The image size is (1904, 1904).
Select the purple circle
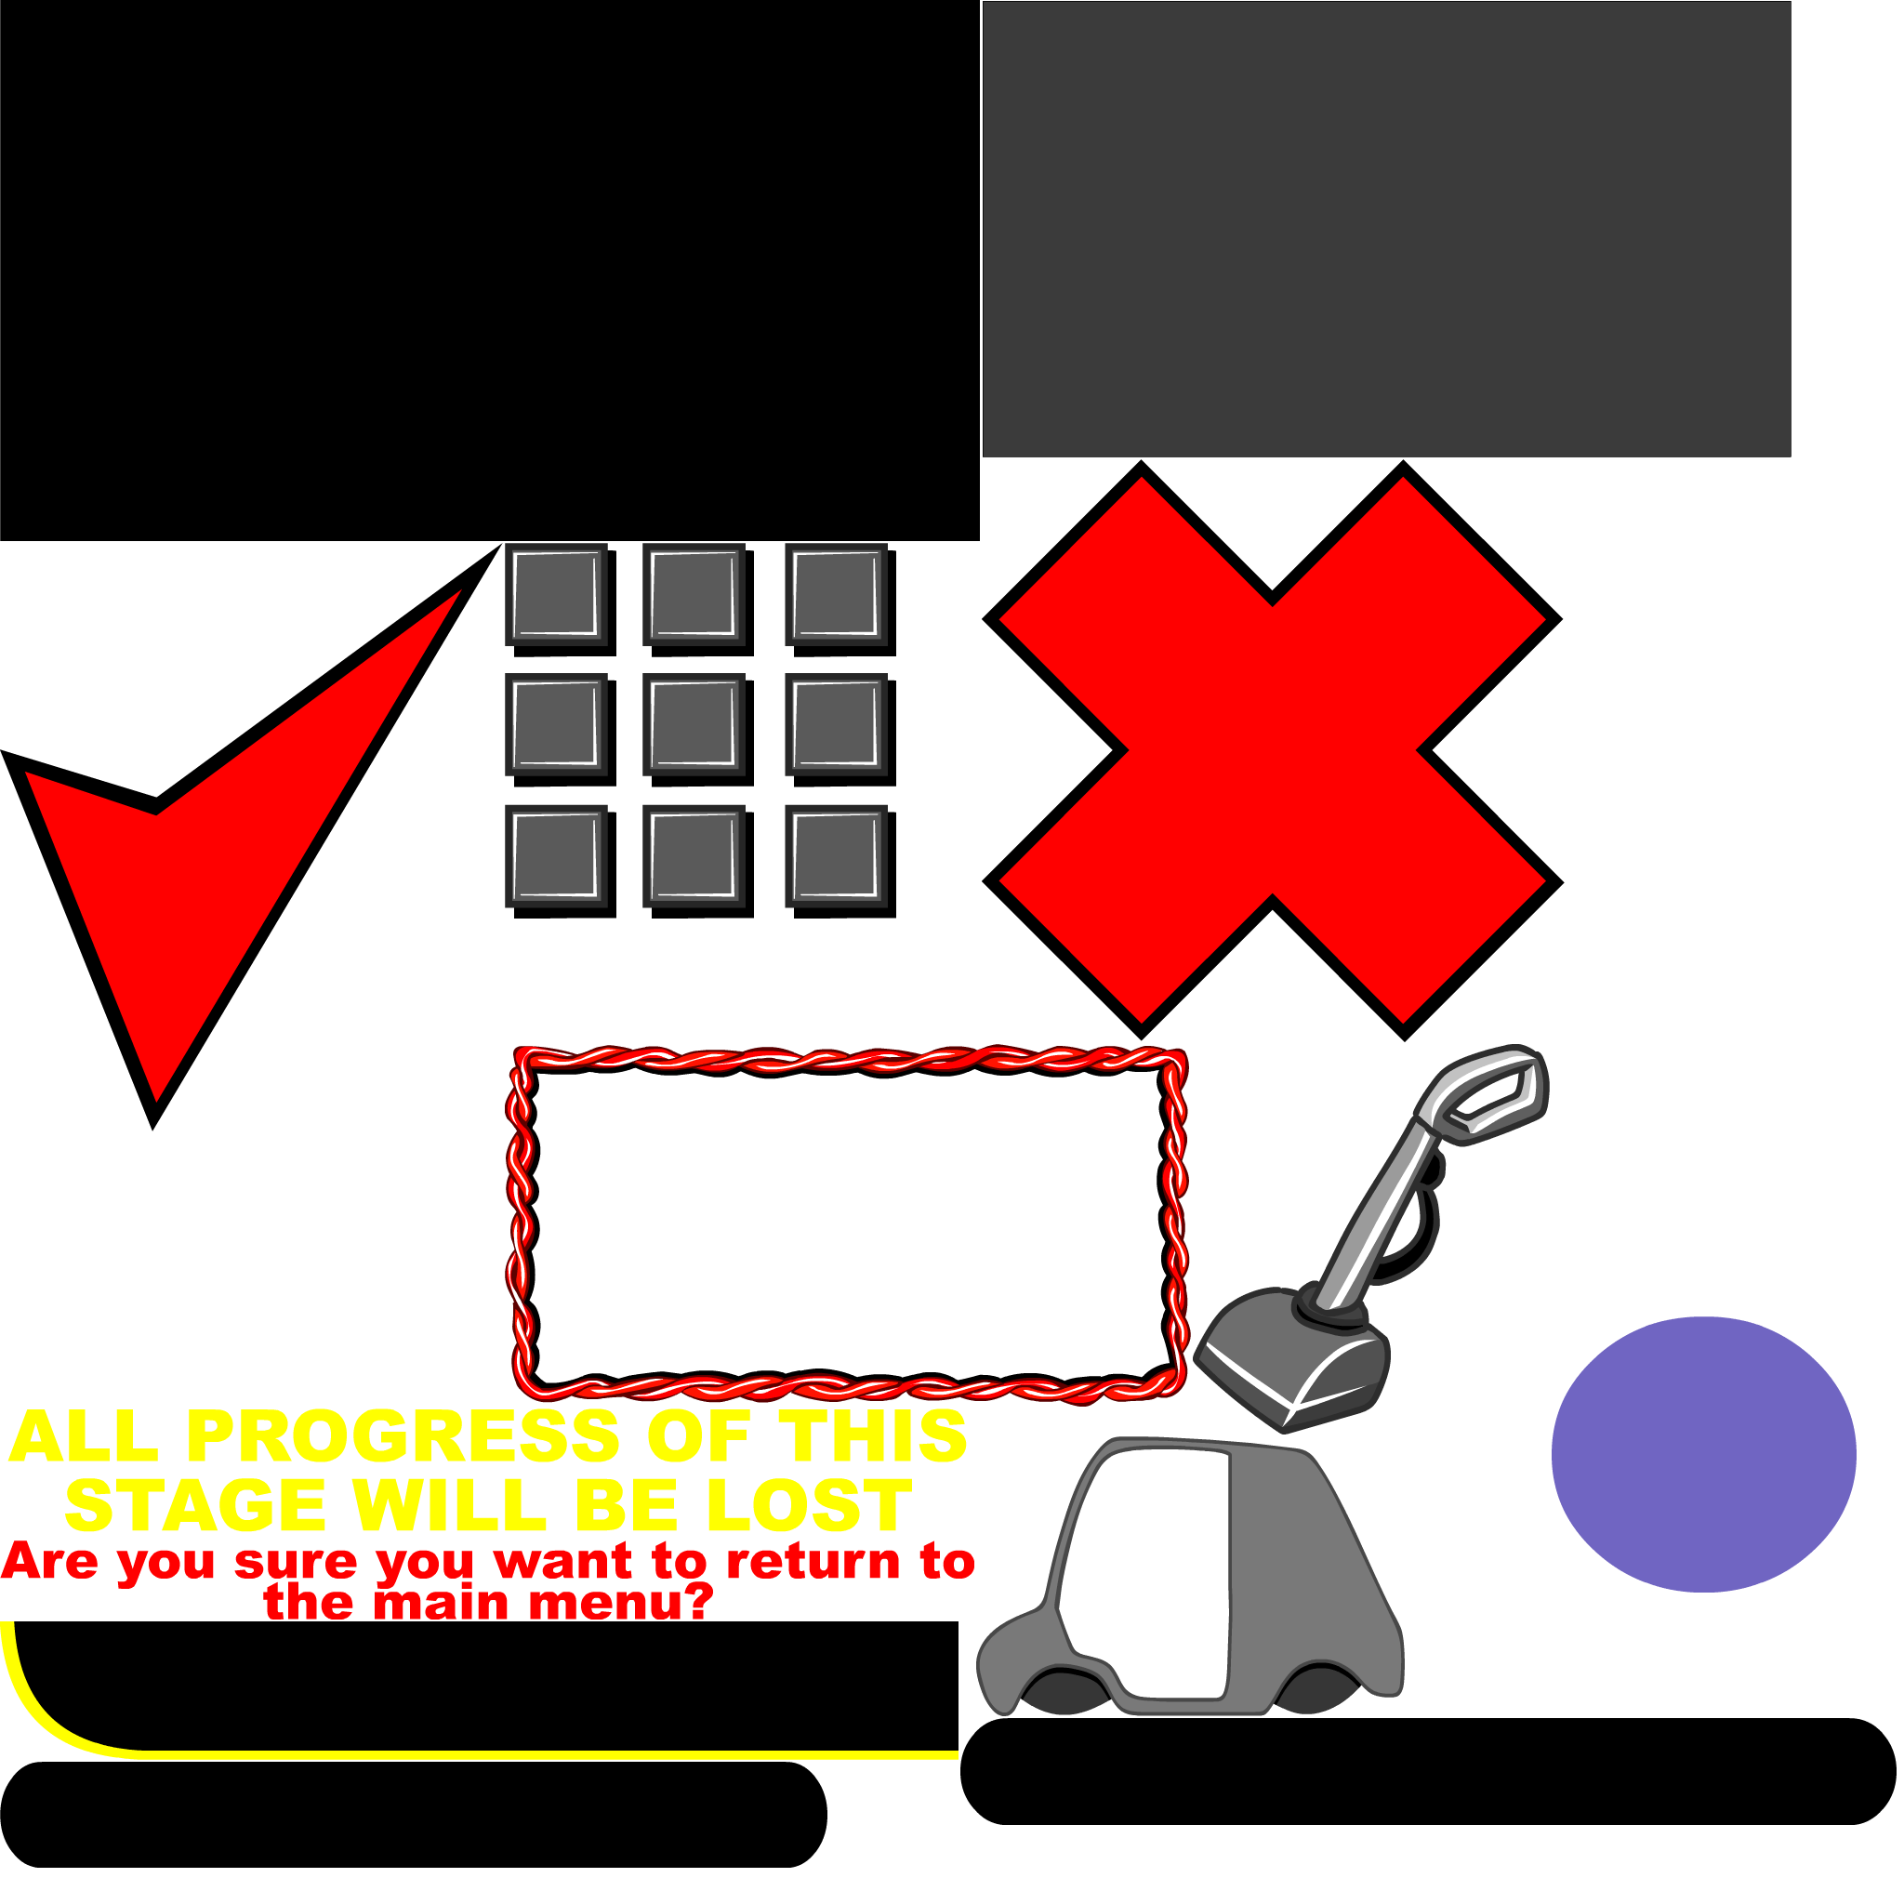[1703, 1455]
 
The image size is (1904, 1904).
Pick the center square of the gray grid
[693, 724]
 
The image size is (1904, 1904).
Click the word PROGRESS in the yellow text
[402, 1437]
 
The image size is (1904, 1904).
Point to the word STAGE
[195, 1506]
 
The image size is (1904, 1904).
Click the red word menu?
[621, 1603]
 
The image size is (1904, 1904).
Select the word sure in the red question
[296, 1562]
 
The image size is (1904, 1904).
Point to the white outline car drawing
[148, 1271]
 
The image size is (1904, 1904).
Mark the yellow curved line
[493, 1754]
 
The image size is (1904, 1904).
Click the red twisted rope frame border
[848, 1061]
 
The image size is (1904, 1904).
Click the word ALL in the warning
[84, 1437]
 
